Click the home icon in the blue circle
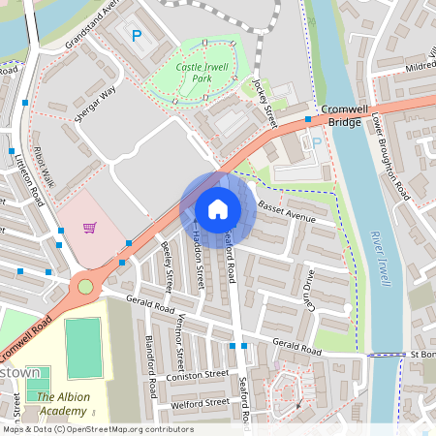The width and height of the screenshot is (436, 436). (218, 208)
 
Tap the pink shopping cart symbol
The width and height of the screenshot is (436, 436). (90, 229)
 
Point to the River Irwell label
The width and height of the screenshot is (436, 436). (379, 258)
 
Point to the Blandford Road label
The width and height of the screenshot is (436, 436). (151, 366)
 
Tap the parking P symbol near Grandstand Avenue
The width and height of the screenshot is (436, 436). (136, 37)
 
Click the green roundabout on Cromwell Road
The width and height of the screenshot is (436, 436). (86, 286)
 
